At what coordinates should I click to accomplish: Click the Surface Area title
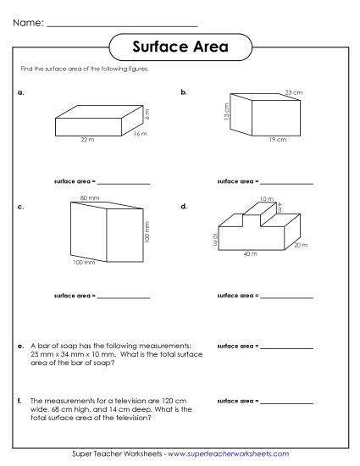point(180,47)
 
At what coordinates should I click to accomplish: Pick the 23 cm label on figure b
point(293,92)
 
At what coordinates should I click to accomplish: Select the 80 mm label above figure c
point(85,197)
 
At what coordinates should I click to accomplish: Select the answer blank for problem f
point(287,401)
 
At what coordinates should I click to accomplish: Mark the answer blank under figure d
point(287,297)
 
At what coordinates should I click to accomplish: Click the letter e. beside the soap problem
point(20,346)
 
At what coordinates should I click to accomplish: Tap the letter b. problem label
point(184,90)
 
